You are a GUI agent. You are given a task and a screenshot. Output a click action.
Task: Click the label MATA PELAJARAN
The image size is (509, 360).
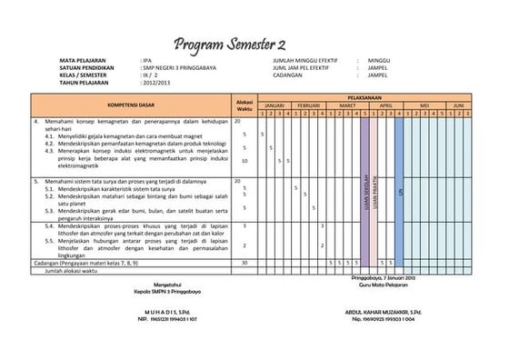[x=83, y=60]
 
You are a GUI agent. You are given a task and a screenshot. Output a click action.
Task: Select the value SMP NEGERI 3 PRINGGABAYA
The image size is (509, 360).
[x=179, y=67]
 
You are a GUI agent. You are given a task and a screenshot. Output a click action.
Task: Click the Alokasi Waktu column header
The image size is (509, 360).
[x=245, y=105]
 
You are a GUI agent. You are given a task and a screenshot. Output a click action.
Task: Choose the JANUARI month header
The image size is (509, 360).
[x=275, y=105]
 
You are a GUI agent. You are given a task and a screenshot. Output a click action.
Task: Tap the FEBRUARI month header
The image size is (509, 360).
[x=312, y=105]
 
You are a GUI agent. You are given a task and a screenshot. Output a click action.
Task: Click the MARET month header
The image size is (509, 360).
[x=347, y=105]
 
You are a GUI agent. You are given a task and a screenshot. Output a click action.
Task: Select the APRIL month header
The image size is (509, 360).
[x=385, y=105]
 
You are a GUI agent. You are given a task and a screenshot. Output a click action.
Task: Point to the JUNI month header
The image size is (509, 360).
[x=458, y=105]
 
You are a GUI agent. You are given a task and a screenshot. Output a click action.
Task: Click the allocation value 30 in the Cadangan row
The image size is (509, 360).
[x=244, y=263]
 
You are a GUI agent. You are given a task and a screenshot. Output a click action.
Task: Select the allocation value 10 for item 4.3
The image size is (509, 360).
[x=244, y=161]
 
